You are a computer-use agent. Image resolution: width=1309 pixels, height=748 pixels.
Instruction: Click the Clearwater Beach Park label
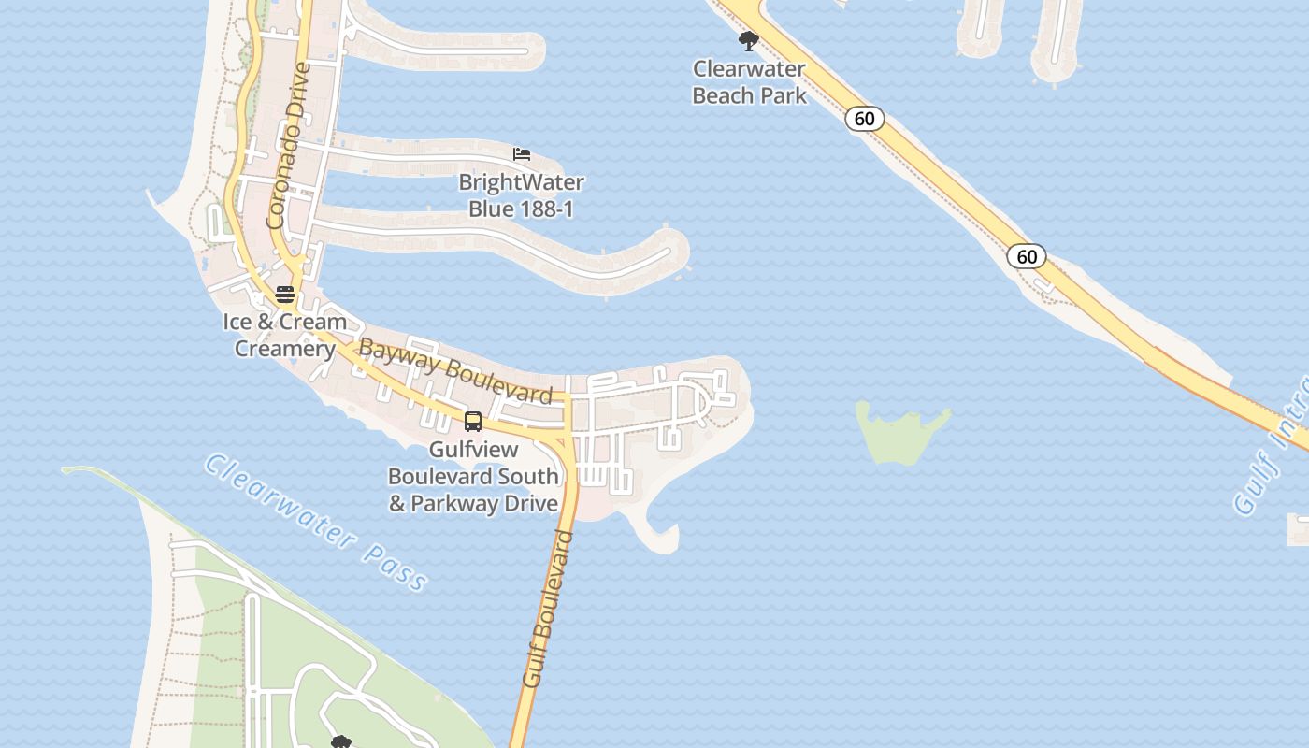click(x=749, y=82)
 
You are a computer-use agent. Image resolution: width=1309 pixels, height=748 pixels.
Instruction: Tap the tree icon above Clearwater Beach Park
click(x=748, y=41)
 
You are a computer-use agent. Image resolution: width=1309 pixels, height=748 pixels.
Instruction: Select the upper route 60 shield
click(x=864, y=119)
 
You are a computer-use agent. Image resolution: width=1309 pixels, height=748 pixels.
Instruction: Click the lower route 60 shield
click(x=1027, y=256)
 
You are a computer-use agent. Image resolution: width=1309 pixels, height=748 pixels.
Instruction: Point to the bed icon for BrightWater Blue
click(x=522, y=154)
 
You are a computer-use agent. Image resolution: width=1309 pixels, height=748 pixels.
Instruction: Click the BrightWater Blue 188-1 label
click(x=521, y=195)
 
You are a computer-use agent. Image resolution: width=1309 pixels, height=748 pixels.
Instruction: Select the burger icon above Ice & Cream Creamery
click(x=285, y=295)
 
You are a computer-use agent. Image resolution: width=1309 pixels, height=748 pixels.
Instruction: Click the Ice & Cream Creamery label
click(x=284, y=335)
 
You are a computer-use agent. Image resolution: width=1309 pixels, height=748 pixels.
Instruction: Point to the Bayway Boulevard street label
click(x=455, y=371)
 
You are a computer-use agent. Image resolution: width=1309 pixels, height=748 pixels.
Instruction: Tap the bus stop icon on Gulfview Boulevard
click(x=473, y=421)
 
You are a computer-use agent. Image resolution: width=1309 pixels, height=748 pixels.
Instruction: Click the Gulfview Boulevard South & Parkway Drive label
click(x=473, y=476)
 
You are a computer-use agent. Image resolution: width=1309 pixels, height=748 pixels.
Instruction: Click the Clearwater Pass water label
click(x=316, y=523)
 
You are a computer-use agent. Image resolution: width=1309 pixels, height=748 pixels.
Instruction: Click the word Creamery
click(x=284, y=349)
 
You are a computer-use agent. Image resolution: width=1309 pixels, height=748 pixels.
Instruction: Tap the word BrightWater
click(x=521, y=182)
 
